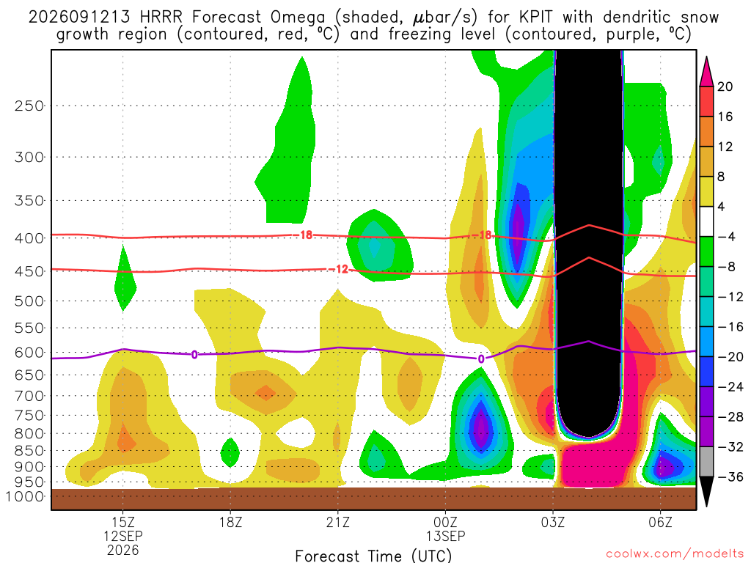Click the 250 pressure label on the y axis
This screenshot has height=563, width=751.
pyautogui.click(x=29, y=106)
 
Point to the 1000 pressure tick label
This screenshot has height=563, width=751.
pyautogui.click(x=24, y=496)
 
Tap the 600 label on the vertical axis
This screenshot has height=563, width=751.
pyautogui.click(x=29, y=353)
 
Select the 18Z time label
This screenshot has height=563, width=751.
pyautogui.click(x=230, y=522)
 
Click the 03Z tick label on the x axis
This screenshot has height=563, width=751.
pyautogui.click(x=553, y=522)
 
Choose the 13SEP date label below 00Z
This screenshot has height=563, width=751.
pyautogui.click(x=445, y=536)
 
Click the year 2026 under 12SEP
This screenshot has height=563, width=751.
pyautogui.click(x=123, y=550)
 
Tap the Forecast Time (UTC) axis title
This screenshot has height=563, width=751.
pyautogui.click(x=373, y=556)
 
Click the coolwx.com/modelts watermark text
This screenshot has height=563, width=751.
pyautogui.click(x=675, y=554)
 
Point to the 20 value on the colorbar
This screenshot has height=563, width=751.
pyautogui.click(x=725, y=87)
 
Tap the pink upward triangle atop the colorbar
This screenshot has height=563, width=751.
pyautogui.click(x=706, y=73)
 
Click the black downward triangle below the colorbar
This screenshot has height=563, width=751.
pyautogui.click(x=706, y=490)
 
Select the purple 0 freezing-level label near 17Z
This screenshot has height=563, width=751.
pyautogui.click(x=194, y=355)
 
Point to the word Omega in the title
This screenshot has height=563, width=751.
pyautogui.click(x=298, y=18)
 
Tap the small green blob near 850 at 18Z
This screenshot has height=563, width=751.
pyautogui.click(x=230, y=452)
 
